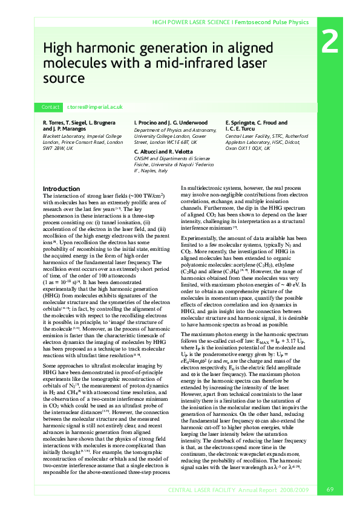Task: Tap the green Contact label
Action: pyautogui.click(x=50, y=107)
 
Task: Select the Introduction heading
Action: pyautogui.click(x=62, y=189)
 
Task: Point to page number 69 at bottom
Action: pyautogui.click(x=330, y=489)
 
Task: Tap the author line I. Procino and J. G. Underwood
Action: pyautogui.click(x=169, y=123)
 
